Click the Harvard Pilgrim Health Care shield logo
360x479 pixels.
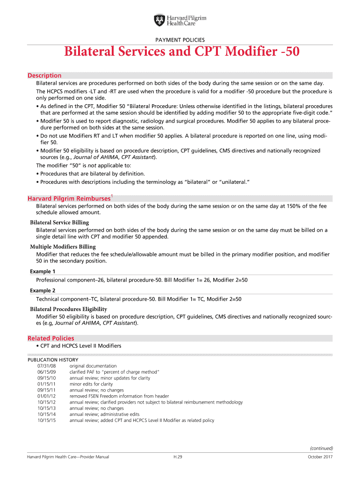[x=159, y=21]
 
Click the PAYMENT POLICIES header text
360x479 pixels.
[x=180, y=40]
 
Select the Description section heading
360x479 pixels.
[x=44, y=75]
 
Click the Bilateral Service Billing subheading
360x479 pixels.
[x=59, y=223]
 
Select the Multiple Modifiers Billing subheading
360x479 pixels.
[x=63, y=247]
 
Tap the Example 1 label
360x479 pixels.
[x=43, y=271]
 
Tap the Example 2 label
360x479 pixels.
[x=43, y=290]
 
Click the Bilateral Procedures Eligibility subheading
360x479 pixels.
[x=68, y=309]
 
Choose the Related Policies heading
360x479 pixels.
[x=50, y=338]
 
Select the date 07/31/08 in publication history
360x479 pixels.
[x=46, y=366]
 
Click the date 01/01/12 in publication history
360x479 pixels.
[x=46, y=396]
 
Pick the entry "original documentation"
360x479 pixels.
[x=93, y=366]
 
